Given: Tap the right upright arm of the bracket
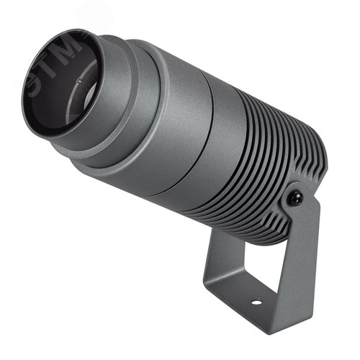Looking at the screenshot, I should point(299,259).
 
